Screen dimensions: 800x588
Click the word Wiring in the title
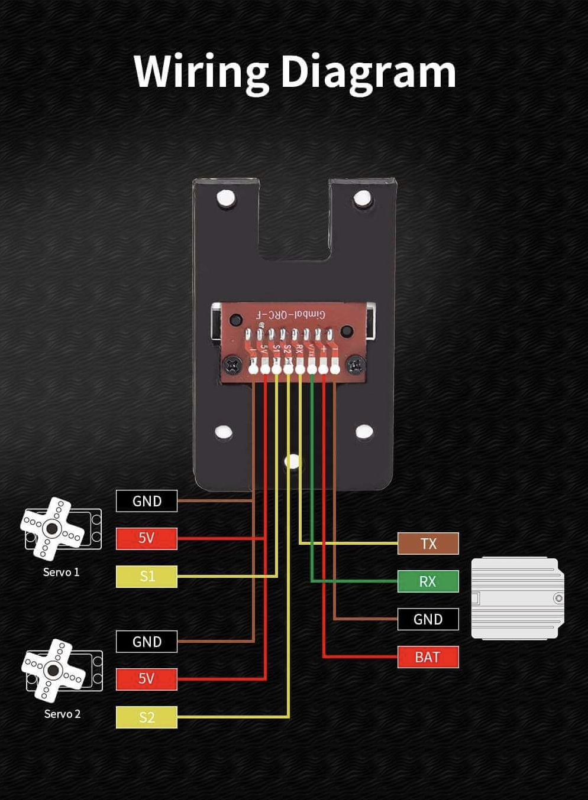click(x=201, y=71)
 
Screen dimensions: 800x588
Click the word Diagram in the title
click(x=368, y=71)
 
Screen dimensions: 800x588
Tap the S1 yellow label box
click(x=147, y=576)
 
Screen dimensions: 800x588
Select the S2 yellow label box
click(x=147, y=717)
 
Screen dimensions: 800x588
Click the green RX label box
click(x=428, y=581)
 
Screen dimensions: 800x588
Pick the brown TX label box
click(x=428, y=544)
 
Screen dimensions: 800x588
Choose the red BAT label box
click(x=428, y=657)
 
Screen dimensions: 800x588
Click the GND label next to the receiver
click(x=428, y=619)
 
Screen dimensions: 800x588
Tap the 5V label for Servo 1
click(x=147, y=538)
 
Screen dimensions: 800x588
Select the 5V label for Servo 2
click(x=147, y=679)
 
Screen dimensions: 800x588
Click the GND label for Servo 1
click(x=147, y=501)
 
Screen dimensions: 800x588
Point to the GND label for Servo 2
click(x=147, y=642)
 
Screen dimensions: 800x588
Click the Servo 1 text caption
click(x=61, y=572)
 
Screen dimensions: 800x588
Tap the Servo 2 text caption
click(x=62, y=714)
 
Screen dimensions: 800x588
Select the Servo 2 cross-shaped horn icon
click(x=53, y=669)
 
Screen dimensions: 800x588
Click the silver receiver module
click(x=516, y=598)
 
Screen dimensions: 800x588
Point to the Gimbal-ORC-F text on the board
click(x=291, y=314)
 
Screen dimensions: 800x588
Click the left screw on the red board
click(x=234, y=365)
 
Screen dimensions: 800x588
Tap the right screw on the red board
click(x=355, y=365)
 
